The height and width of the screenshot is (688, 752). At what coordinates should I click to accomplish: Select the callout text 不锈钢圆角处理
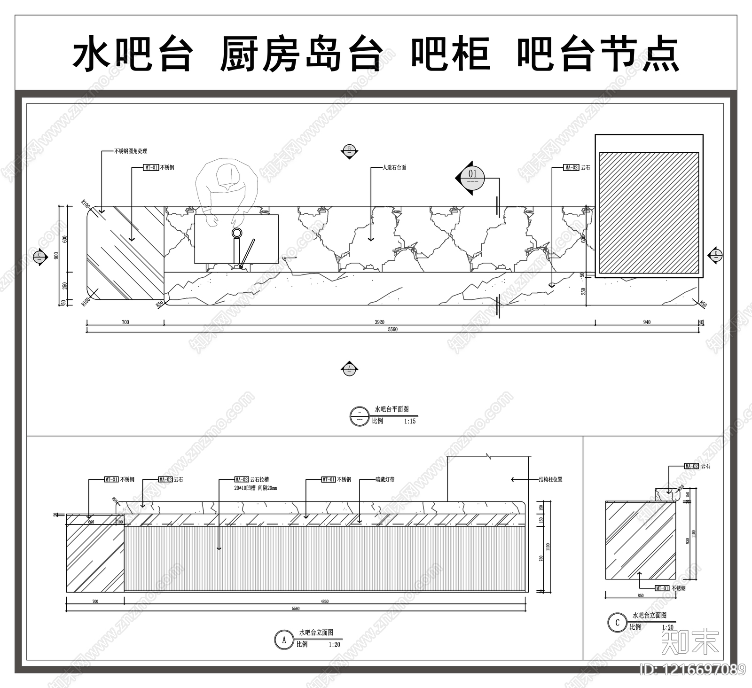click(x=131, y=151)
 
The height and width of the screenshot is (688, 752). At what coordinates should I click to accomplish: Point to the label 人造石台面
click(x=395, y=167)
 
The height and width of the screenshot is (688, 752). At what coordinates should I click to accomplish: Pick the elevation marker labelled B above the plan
click(x=349, y=151)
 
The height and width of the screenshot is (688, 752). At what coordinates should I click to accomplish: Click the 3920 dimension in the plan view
click(x=379, y=322)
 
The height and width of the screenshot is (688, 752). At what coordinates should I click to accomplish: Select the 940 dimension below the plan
click(x=647, y=322)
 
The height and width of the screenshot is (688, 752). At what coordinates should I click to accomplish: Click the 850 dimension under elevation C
click(x=641, y=596)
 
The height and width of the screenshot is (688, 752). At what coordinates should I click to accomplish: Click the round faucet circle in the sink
click(x=237, y=233)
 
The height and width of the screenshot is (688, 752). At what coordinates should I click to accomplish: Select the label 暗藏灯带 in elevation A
click(x=385, y=480)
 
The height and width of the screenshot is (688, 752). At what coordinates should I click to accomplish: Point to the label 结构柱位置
click(x=550, y=480)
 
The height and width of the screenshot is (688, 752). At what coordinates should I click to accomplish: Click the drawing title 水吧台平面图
click(x=392, y=409)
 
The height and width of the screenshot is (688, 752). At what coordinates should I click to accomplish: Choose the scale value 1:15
click(x=410, y=422)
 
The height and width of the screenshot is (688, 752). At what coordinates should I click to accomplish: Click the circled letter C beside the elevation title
click(x=617, y=623)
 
